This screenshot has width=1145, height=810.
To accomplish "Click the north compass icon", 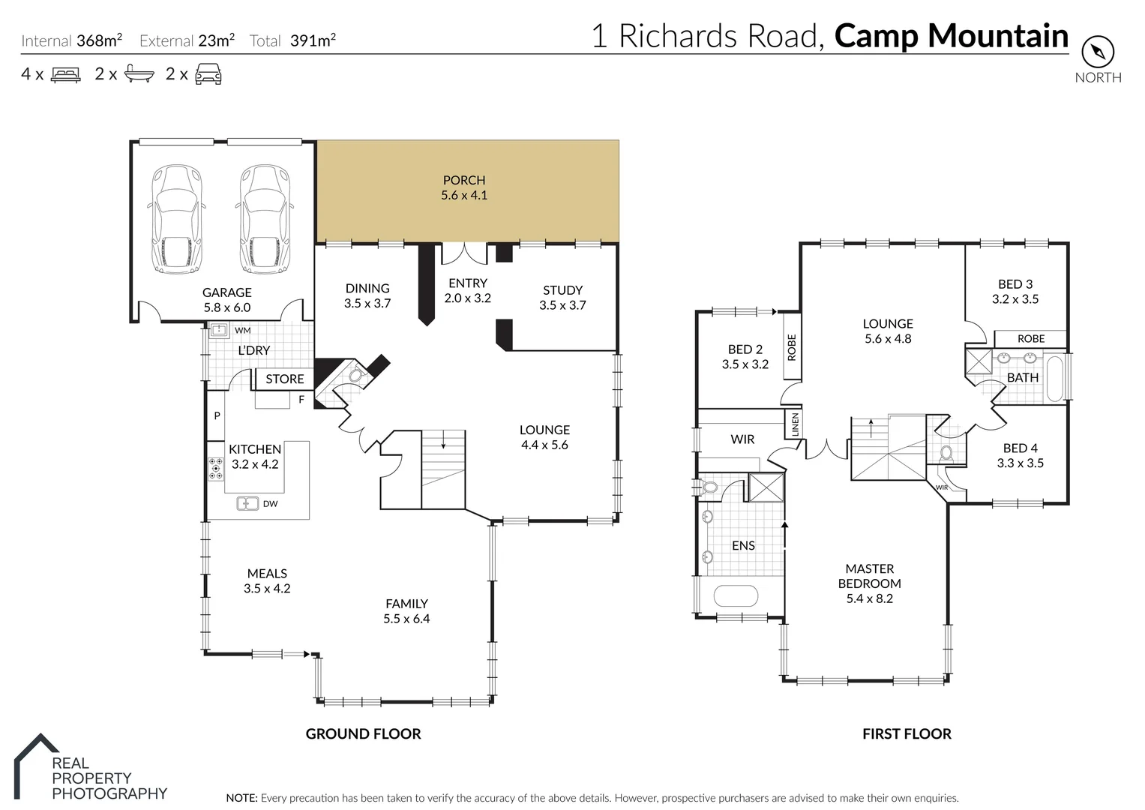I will coord(1098,52).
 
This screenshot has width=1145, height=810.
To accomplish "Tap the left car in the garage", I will coord(176,220).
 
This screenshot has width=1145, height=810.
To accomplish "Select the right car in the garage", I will coord(264,220).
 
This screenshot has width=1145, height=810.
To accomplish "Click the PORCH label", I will coord(464,180).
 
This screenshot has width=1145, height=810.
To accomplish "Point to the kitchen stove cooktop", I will coord(216,468).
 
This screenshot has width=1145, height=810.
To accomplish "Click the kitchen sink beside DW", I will coord(248,503).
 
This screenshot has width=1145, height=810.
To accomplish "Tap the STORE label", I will coord(285,379).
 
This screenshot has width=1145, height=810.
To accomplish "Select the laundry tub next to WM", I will coord(219,330).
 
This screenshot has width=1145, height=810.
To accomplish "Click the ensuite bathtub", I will coord(736,596).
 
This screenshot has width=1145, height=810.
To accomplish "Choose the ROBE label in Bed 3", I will coord(1031,339).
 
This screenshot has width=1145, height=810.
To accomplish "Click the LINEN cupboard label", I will coord(795,424).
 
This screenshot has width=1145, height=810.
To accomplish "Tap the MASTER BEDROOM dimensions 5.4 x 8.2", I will coord(870,598).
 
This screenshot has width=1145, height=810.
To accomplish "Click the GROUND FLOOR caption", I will coord(363,734).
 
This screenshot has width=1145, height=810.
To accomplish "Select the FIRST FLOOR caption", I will coord(907,734).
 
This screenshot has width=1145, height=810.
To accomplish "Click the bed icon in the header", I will coord(65,74).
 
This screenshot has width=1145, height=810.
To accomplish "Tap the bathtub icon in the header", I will coord(139,74).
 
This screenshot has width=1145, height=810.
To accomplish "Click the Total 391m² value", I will coord(313,40).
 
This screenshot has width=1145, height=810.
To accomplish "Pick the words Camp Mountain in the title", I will coord(951,35).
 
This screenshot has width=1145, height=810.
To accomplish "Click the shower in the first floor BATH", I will coord(978,361).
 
